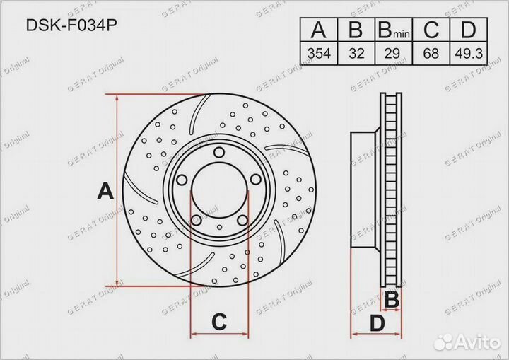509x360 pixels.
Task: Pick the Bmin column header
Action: [x=393, y=31]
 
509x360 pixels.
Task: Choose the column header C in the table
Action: [x=431, y=31]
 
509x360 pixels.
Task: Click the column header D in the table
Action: [x=467, y=31]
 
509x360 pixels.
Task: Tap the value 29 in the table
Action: [x=393, y=53]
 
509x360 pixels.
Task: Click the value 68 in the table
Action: [x=431, y=53]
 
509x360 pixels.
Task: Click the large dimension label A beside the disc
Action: [x=105, y=191]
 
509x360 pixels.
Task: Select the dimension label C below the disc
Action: [x=219, y=322]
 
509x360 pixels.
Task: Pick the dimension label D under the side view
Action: [x=378, y=324]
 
